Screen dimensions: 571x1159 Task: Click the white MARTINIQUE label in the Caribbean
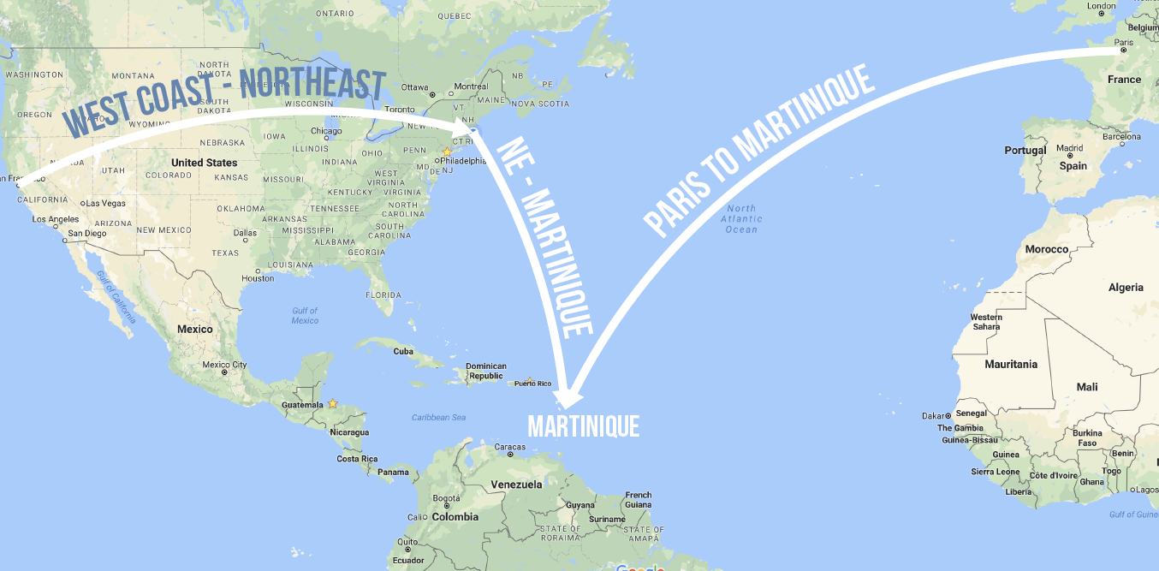point(584,426)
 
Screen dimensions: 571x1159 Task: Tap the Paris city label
point(1124,42)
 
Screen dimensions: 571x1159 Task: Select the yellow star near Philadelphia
point(446,152)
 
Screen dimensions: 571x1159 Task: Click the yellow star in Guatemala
point(332,403)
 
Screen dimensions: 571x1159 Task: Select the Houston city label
point(258,278)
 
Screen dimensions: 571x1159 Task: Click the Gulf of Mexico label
point(305,315)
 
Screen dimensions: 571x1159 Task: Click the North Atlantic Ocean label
point(741,219)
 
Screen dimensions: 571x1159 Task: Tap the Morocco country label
point(1047,249)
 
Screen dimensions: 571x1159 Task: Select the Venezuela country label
point(516,485)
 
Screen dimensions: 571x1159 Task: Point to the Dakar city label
point(934,416)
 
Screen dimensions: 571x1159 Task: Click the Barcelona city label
point(1121,136)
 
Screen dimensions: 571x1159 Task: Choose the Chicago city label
point(326,131)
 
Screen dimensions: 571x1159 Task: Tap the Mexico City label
point(224,365)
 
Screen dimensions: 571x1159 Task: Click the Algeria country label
point(1126,287)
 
